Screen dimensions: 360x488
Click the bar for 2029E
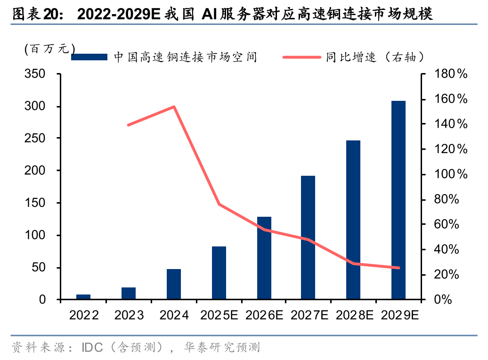pyautogui.click(x=398, y=200)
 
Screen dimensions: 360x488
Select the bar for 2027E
pyautogui.click(x=308, y=237)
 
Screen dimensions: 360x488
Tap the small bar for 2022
pyautogui.click(x=83, y=297)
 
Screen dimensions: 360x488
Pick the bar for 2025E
pyautogui.click(x=219, y=273)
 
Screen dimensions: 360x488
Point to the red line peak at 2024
pyautogui.click(x=174, y=107)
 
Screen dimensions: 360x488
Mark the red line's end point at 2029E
pyautogui.click(x=399, y=268)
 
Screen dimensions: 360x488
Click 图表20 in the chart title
pyautogui.click(x=36, y=15)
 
